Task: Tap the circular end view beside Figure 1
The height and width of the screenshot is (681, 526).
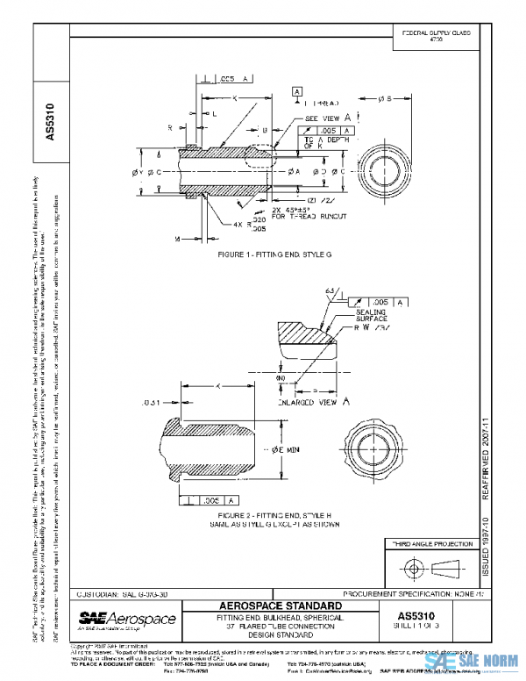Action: click(x=412, y=164)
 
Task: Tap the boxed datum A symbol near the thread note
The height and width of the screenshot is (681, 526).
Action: click(x=298, y=91)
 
